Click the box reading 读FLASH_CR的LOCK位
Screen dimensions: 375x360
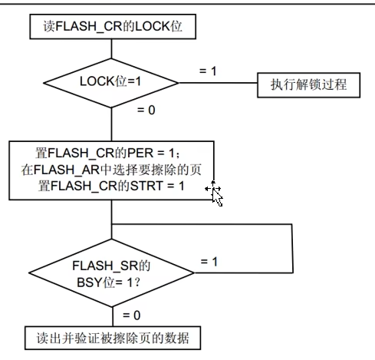[113, 27]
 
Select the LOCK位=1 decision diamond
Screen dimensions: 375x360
[111, 83]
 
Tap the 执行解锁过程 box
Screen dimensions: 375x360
[308, 85]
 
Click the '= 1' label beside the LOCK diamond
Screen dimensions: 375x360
[208, 71]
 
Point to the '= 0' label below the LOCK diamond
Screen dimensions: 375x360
[146, 110]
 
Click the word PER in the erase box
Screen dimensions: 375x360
[140, 153]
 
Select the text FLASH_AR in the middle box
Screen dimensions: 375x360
[67, 170]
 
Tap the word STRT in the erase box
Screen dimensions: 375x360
[146, 186]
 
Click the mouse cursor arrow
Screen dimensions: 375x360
[217, 197]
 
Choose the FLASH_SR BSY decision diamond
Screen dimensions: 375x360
[111, 272]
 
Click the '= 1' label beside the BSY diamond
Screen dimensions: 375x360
[209, 262]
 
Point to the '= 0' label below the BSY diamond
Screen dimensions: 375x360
[132, 315]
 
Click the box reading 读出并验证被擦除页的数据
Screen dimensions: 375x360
[113, 338]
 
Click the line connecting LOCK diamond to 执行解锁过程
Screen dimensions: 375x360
[218, 83]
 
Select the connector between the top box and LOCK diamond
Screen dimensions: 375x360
[111, 49]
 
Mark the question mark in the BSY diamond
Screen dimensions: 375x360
[137, 282]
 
